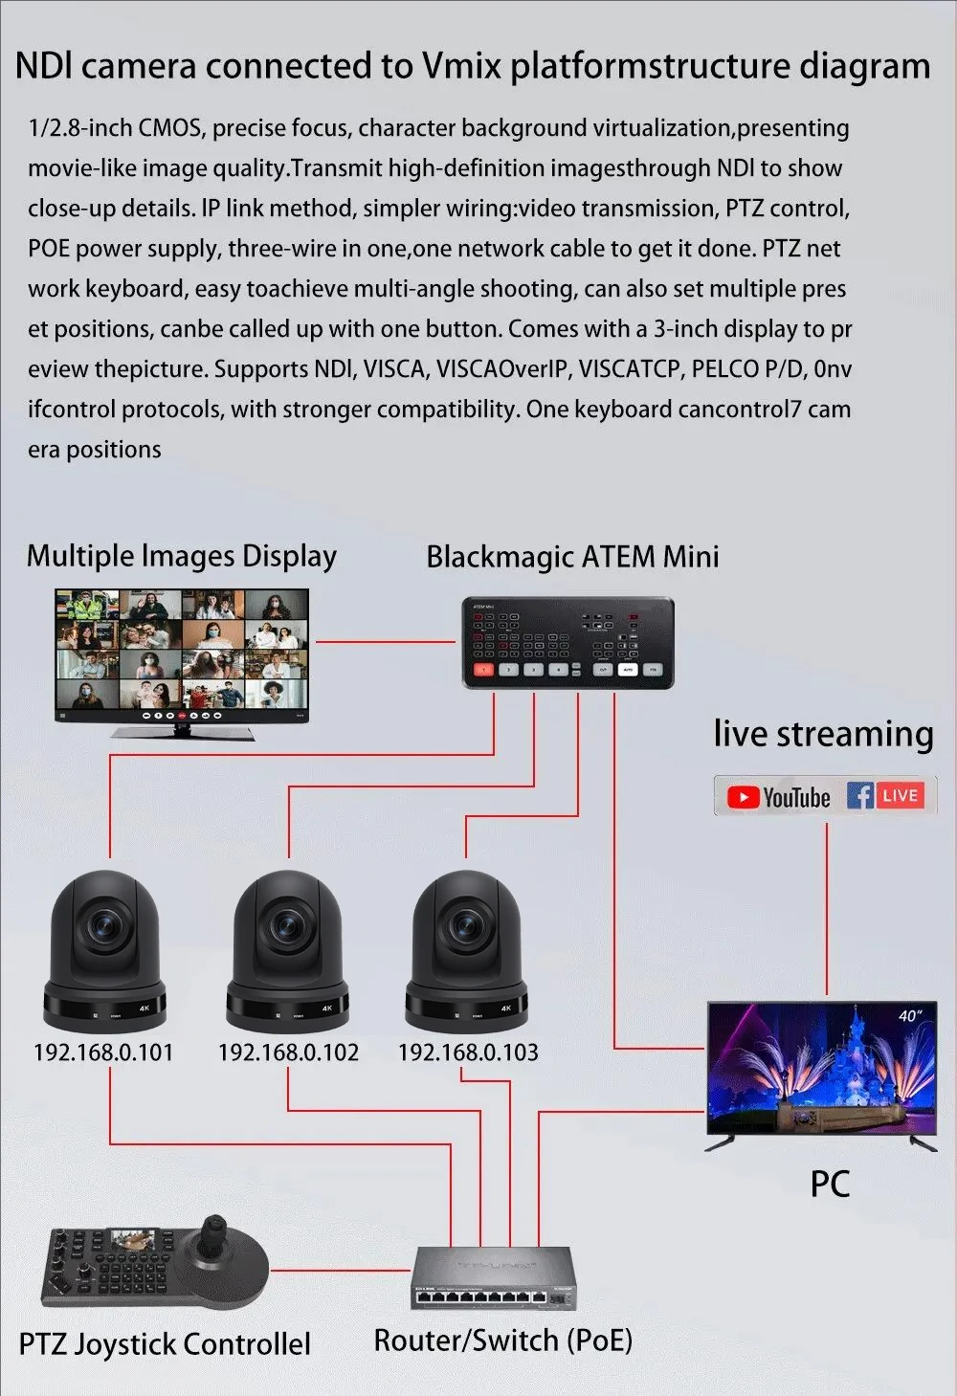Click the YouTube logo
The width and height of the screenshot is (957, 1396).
(778, 797)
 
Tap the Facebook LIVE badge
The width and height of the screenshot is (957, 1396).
(886, 796)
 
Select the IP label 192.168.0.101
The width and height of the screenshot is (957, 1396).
(103, 1053)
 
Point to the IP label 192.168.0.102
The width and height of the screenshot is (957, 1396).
(288, 1053)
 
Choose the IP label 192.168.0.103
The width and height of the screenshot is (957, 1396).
(468, 1053)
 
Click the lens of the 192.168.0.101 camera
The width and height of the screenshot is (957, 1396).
(102, 924)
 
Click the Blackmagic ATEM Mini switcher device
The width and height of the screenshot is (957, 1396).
(568, 643)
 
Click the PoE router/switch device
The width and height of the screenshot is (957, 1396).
(494, 1279)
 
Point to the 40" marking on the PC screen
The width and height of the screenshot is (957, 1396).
(910, 1016)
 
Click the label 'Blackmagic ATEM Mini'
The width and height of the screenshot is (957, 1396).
(572, 557)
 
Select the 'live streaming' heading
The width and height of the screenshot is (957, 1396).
(823, 734)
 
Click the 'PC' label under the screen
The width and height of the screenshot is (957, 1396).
(830, 1184)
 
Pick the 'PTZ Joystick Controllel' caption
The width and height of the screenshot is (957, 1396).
(165, 1344)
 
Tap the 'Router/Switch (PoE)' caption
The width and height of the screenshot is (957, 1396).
(502, 1341)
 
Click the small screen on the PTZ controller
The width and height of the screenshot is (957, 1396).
(131, 1241)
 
